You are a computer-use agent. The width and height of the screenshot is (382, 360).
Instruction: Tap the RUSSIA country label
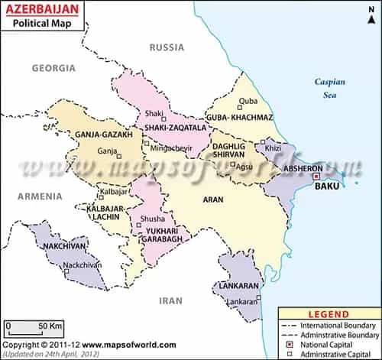pos(167,47)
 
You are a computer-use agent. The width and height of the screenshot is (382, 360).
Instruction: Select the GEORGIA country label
pos(54,68)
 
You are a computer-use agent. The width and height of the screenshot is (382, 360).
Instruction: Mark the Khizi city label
pos(273,148)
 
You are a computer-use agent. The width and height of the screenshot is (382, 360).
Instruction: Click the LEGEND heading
pos(329,314)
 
